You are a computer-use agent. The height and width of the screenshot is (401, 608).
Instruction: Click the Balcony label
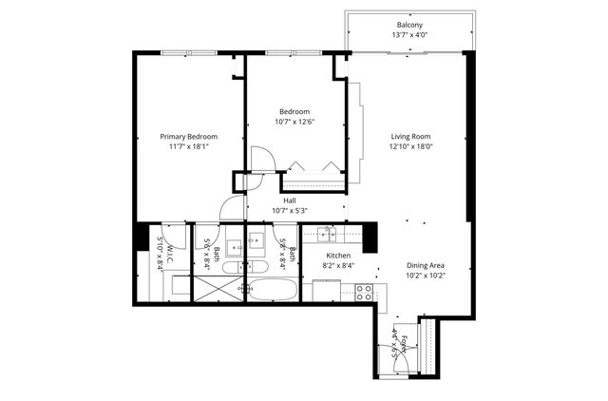(x=409, y=25)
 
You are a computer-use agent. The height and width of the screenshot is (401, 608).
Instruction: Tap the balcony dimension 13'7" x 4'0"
(x=409, y=36)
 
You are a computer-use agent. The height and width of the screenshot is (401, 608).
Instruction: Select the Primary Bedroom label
(x=188, y=136)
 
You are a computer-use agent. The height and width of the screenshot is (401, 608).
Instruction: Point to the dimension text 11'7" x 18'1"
(x=188, y=147)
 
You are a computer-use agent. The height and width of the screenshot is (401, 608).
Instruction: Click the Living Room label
(x=410, y=136)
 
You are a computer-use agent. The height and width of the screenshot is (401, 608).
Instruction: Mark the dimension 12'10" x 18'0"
(x=410, y=147)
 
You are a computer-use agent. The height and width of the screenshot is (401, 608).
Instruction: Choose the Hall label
(x=289, y=200)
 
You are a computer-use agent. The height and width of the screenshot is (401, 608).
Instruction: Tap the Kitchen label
(x=339, y=257)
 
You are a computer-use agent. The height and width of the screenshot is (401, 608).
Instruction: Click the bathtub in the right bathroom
(x=273, y=290)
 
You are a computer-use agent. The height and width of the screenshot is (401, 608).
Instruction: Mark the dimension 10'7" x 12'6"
(x=294, y=122)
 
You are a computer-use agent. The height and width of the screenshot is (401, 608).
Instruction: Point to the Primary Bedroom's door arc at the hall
(x=231, y=210)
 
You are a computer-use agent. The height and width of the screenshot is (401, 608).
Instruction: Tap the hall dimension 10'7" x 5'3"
(x=289, y=211)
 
